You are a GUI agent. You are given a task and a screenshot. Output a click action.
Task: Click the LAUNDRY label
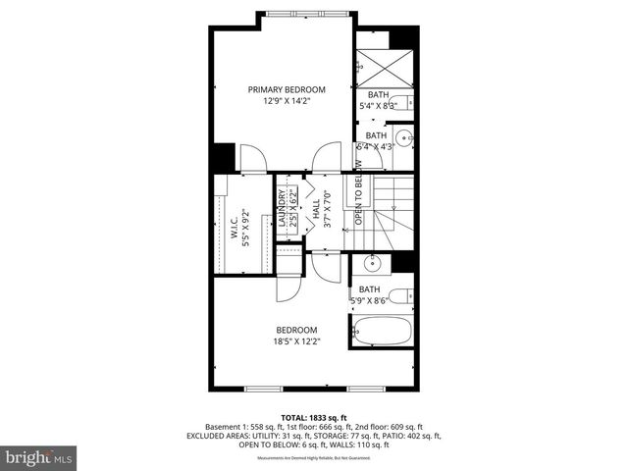(x=282, y=209)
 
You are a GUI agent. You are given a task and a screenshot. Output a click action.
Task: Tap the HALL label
(x=316, y=209)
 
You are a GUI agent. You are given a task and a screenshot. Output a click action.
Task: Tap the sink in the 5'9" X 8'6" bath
(x=372, y=263)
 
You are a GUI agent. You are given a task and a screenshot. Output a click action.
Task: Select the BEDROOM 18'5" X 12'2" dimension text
(x=295, y=341)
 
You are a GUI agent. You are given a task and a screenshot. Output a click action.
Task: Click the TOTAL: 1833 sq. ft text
(x=313, y=416)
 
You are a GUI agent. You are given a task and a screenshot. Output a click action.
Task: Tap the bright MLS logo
(x=38, y=456)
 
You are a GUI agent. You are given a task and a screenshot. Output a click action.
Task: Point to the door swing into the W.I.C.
(x=252, y=156)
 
